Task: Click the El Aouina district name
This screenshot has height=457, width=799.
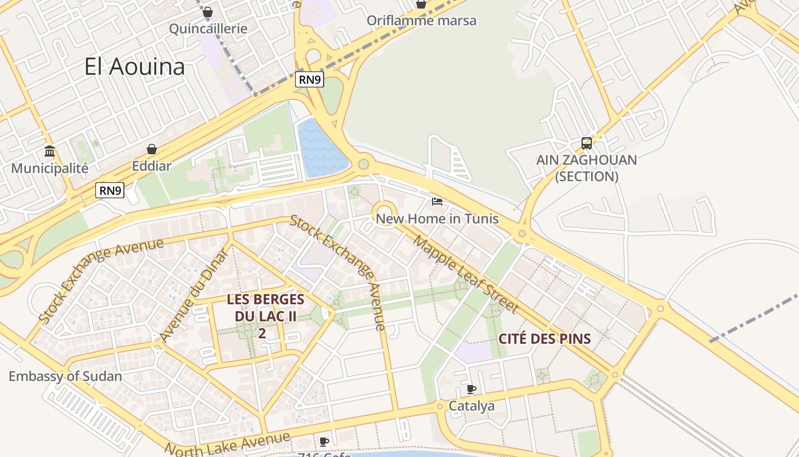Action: pos(135,67)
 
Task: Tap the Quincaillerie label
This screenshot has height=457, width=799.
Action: pos(208,29)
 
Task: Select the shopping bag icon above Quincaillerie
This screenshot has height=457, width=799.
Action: pos(208,12)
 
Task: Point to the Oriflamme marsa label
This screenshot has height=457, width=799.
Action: pos(421,21)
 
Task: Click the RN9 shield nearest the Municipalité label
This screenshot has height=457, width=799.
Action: pos(110,190)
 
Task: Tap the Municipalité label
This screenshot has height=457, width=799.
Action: pos(50,169)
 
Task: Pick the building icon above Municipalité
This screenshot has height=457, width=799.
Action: pos(50,151)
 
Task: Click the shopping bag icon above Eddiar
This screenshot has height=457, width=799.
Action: pos(152,149)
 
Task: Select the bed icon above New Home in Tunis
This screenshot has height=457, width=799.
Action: pos(437,202)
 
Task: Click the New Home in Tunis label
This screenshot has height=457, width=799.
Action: pos(437,219)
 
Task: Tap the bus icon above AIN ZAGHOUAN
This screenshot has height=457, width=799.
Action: pos(587,143)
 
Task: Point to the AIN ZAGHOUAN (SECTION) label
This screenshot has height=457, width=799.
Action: pos(587,168)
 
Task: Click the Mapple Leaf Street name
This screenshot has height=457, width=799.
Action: pos(466,274)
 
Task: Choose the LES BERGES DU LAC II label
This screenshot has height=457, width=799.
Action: pos(265,307)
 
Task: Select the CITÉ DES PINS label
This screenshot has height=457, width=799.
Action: pos(544,338)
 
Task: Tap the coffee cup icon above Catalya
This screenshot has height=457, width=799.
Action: pos(471,389)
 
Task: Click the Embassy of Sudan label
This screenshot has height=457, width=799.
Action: pos(65,376)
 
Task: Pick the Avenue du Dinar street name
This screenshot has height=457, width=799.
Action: pos(194,297)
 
